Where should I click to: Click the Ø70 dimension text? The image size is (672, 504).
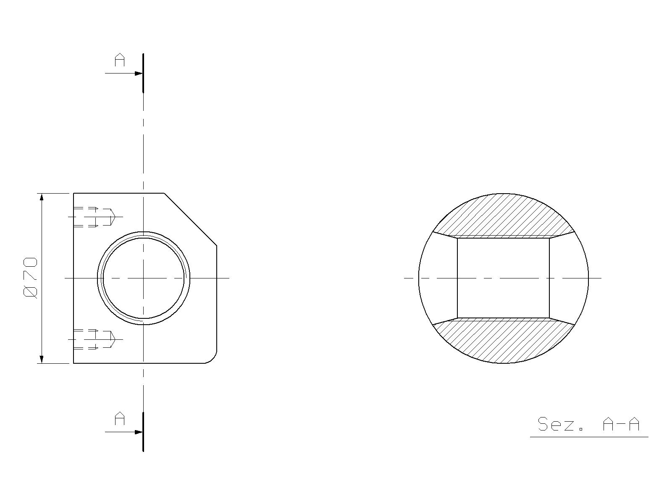[30, 278]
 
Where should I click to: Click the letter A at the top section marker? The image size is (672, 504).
[119, 60]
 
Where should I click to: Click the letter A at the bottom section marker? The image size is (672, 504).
[119, 419]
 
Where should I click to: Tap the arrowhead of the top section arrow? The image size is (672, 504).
[139, 73]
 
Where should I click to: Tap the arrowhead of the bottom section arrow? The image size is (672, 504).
[139, 432]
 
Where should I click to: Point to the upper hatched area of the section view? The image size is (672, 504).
[504, 216]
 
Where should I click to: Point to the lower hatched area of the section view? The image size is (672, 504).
[504, 340]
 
